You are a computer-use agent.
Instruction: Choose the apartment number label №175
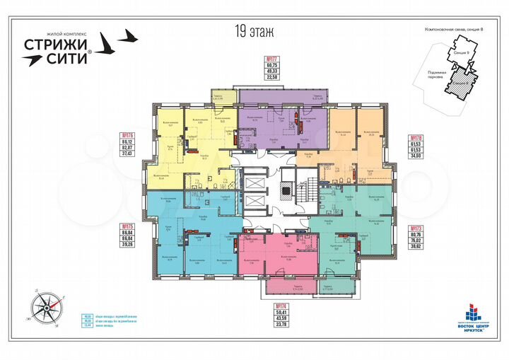128,226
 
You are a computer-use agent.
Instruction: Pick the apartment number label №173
414,228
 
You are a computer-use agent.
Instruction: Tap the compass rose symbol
47,306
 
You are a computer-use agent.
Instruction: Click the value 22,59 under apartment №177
252,79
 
